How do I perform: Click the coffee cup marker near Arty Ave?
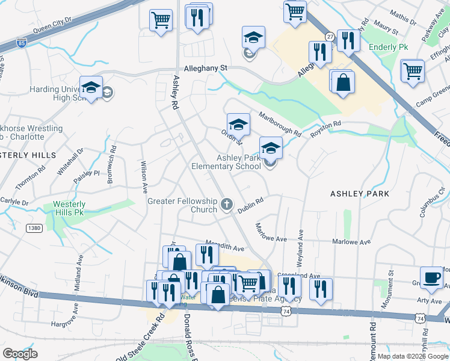click(431, 277)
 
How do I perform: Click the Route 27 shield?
click(330, 37)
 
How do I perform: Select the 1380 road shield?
click(34, 227)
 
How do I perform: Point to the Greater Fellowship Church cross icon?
click(226, 205)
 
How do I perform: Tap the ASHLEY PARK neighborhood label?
click(360, 194)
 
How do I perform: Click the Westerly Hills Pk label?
click(70, 208)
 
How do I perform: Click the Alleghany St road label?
click(205, 69)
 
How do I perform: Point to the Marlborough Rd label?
click(279, 123)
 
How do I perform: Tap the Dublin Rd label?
click(250, 205)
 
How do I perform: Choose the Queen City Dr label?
click(52, 23)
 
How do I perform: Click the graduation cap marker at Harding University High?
click(91, 88)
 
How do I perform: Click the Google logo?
click(19, 354)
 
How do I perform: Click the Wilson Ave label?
click(144, 176)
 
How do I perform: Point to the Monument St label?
click(390, 282)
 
